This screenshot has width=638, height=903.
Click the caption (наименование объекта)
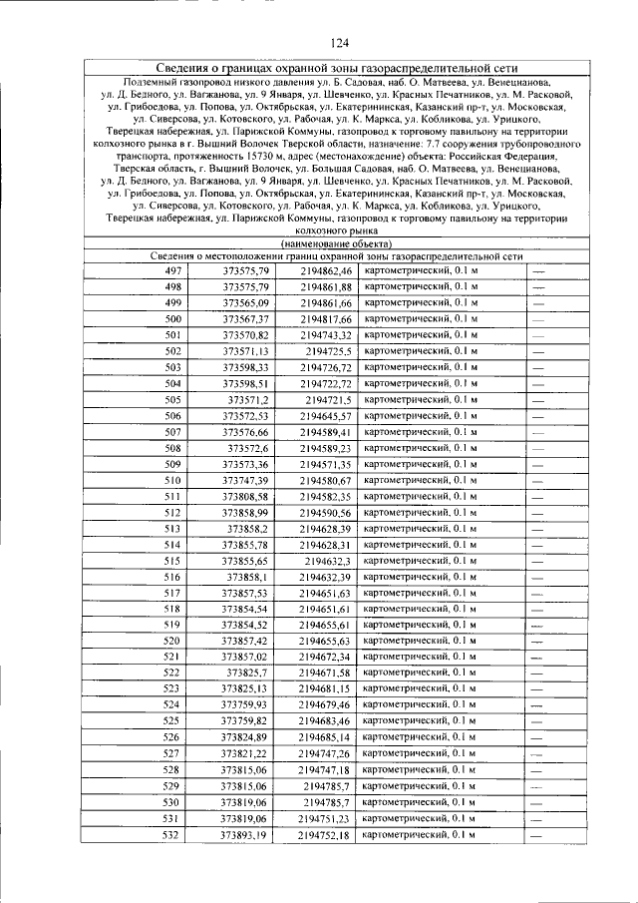click(x=336, y=243)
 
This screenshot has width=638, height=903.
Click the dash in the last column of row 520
click(x=537, y=641)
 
